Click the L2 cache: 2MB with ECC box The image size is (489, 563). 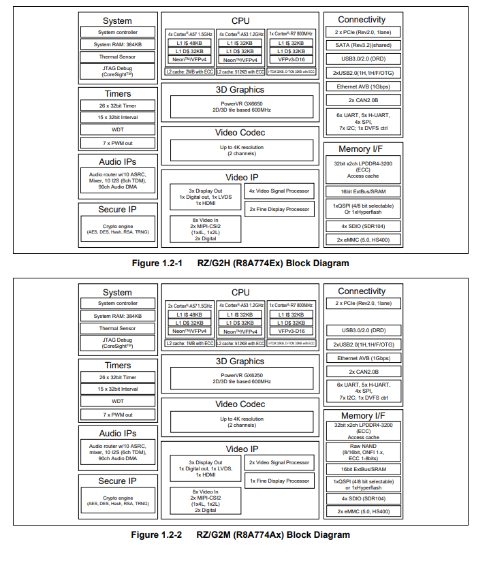click(x=189, y=71)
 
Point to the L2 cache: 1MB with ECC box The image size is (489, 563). click(x=189, y=343)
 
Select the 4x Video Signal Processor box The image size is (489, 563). click(x=279, y=191)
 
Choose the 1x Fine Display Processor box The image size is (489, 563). click(x=279, y=481)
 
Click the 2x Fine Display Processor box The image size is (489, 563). click(x=279, y=209)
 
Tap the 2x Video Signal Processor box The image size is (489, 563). click(x=279, y=462)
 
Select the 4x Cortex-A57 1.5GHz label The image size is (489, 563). click(x=190, y=33)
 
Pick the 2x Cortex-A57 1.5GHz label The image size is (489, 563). click(x=190, y=305)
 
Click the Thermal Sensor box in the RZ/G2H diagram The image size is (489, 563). click(x=117, y=57)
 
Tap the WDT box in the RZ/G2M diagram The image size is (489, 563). click(x=117, y=402)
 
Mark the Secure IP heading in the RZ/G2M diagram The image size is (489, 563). click(x=117, y=481)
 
